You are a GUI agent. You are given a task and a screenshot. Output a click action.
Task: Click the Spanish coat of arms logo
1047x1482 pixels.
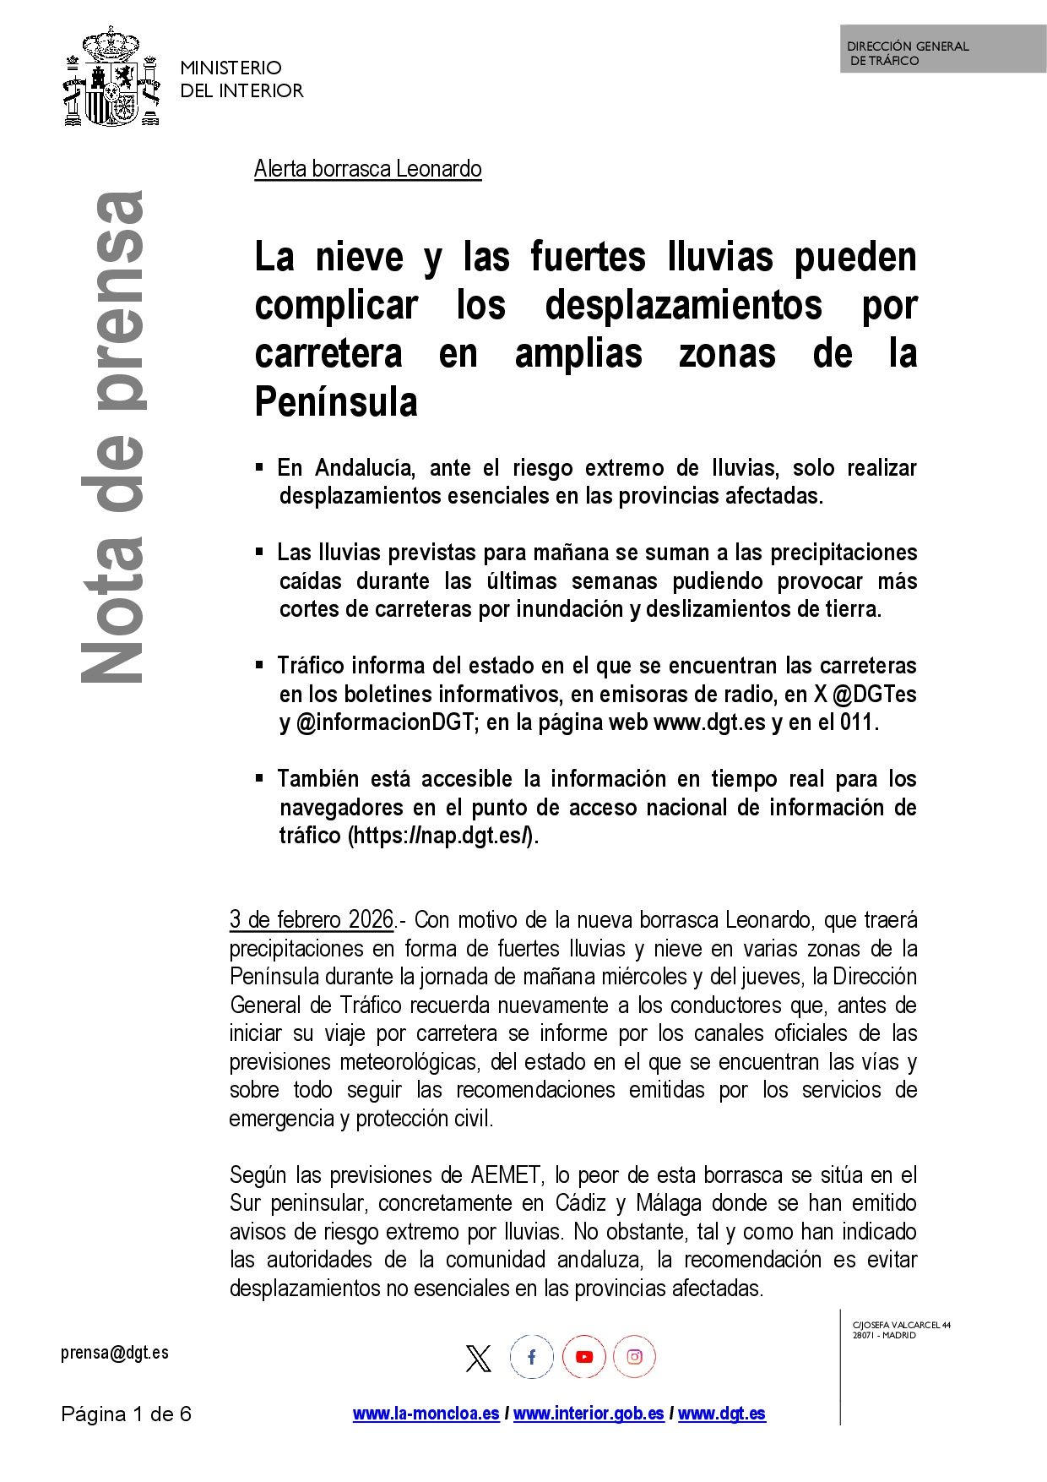click(x=111, y=78)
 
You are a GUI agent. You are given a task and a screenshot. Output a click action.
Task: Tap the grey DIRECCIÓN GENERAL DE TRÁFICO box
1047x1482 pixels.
click(x=942, y=49)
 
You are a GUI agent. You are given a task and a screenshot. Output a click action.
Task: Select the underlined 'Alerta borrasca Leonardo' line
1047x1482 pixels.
click(x=367, y=169)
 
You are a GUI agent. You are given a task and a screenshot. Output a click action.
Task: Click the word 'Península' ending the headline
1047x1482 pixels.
click(x=336, y=402)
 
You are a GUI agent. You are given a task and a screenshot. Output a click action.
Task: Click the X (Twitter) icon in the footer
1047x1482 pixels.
click(x=478, y=1358)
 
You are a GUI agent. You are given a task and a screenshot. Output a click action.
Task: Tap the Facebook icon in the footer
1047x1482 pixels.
click(x=531, y=1357)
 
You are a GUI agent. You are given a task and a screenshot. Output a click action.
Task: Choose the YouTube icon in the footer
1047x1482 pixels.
click(x=583, y=1357)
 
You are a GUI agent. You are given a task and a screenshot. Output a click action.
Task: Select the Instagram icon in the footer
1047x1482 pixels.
click(x=634, y=1357)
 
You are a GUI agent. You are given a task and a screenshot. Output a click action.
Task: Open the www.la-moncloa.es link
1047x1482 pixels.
click(x=426, y=1414)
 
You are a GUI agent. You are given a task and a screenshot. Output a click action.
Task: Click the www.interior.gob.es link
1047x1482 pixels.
click(x=588, y=1414)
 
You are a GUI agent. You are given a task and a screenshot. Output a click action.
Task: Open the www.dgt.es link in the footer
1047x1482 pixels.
click(x=721, y=1414)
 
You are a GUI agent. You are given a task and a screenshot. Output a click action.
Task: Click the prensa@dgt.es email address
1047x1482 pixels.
click(x=114, y=1353)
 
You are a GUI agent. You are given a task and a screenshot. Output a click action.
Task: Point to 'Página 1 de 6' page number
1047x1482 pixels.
click(x=126, y=1414)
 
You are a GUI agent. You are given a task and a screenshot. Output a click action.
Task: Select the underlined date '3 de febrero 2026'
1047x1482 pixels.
click(x=312, y=919)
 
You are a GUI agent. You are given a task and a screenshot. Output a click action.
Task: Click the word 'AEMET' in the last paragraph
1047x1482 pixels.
click(x=505, y=1175)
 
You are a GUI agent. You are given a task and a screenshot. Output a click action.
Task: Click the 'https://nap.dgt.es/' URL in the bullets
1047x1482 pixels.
click(x=441, y=836)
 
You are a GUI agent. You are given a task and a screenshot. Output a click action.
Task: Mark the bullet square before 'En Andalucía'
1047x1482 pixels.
click(x=260, y=466)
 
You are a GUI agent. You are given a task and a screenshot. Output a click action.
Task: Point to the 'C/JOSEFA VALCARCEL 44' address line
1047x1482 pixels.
click(x=901, y=1325)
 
